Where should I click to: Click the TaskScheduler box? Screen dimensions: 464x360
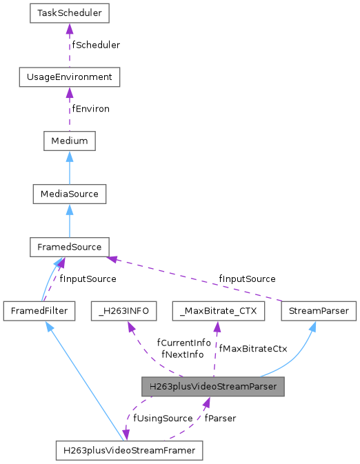(66, 12)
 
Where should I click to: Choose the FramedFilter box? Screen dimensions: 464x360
(39, 311)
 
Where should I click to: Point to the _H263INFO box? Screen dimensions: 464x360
(124, 311)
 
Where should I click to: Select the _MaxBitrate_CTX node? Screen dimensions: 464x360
(218, 311)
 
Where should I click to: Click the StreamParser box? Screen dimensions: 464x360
(319, 311)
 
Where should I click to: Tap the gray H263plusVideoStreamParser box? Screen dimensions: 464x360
(212, 387)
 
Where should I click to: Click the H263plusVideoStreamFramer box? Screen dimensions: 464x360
(129, 451)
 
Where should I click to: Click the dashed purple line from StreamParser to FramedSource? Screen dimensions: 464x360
(200, 279)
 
